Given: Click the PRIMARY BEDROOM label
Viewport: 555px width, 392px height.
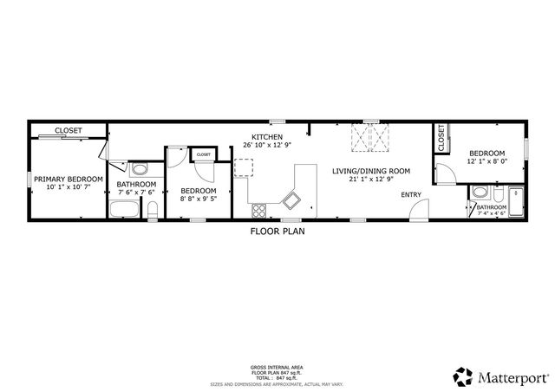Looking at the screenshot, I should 68,179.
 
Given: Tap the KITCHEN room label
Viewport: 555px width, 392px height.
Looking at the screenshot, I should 265,137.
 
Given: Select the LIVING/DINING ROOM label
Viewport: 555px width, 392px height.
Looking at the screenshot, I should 370,171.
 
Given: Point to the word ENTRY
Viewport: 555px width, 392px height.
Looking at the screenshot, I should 410,194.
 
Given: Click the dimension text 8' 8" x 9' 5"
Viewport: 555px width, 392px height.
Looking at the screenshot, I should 198,198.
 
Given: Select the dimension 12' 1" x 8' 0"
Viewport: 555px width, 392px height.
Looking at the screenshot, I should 485,160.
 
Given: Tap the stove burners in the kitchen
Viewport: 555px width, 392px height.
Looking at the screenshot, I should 258,209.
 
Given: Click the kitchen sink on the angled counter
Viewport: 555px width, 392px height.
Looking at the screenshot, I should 291,201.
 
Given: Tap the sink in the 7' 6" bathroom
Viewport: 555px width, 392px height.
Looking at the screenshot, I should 140,168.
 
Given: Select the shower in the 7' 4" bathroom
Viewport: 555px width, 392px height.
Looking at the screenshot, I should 516,202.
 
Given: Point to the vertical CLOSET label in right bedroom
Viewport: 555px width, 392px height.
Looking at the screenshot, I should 441,137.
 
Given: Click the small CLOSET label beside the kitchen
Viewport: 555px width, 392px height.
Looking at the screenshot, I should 203,154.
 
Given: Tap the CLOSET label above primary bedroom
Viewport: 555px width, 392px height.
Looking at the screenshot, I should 69,130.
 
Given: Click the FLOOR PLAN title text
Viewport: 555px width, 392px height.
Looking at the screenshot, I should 277,232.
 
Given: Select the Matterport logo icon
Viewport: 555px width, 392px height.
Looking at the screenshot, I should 462,376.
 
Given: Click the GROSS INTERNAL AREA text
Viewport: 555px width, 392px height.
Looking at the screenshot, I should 277,368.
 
